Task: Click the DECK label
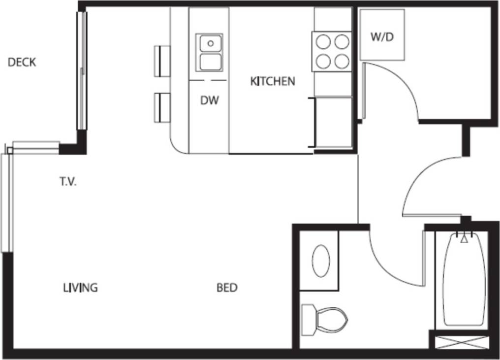coord(22,63)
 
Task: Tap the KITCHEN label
coord(273,81)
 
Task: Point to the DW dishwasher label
coord(209,101)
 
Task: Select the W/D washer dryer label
coord(382,37)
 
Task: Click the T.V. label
coord(68,182)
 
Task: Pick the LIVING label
coord(80,288)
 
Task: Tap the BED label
coord(227,288)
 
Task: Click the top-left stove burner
coord(323,43)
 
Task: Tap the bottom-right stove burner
coord(342,61)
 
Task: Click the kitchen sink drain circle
coord(211,43)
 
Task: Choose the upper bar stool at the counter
coord(162,61)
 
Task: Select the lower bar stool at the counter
coord(162,107)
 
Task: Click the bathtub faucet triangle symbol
coord(464,239)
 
